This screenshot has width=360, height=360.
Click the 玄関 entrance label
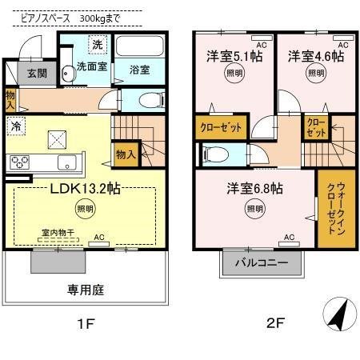37,73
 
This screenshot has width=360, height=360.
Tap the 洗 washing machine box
96,45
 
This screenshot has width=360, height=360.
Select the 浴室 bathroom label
139,70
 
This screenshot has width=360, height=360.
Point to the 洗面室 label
92,68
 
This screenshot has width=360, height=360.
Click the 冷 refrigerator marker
15,126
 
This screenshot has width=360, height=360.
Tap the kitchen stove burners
20,162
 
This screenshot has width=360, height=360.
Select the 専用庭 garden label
86,290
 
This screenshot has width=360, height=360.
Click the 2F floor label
275,323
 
